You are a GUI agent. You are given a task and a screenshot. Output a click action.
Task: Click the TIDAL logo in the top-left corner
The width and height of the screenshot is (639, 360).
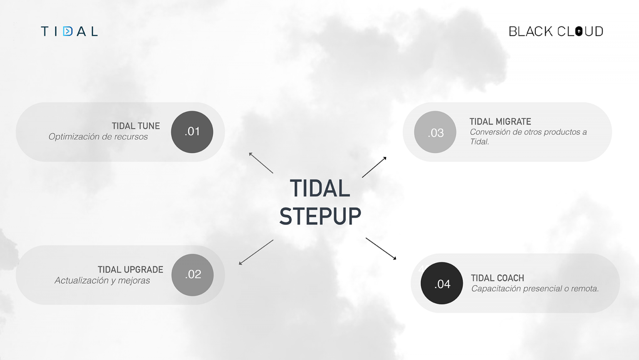[x=69, y=31]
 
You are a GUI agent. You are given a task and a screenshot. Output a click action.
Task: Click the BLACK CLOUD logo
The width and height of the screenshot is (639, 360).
[x=556, y=31]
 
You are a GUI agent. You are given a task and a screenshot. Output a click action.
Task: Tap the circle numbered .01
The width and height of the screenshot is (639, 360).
[x=192, y=132]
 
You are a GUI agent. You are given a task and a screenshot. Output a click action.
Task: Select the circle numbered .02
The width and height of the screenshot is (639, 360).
[x=193, y=275]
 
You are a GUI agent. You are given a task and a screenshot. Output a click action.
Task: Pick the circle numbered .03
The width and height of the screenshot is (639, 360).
[x=435, y=132]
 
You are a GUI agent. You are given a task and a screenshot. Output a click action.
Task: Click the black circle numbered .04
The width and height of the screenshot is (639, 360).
[x=441, y=283]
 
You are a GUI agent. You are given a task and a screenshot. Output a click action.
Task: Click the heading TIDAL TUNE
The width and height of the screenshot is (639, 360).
[x=136, y=126]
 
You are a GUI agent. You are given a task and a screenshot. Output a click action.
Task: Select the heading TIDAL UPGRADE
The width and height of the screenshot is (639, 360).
[x=130, y=270]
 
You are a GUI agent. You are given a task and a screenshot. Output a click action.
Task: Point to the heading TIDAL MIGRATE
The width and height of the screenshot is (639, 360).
[x=500, y=122]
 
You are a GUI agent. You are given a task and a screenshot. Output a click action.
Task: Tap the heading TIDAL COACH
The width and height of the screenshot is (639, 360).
[x=498, y=278]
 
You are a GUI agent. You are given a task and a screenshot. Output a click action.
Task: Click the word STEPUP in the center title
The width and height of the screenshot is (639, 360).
[x=320, y=216]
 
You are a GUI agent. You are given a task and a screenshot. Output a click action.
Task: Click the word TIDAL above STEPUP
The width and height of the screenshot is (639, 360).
[x=320, y=189]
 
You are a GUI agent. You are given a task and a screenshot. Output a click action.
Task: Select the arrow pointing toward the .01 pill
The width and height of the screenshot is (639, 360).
[x=261, y=163]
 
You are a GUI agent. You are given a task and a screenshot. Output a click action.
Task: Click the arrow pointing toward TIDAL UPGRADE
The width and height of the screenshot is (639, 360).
[x=256, y=252]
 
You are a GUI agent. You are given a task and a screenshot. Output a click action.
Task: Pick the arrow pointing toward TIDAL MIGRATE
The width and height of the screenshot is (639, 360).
[x=374, y=167]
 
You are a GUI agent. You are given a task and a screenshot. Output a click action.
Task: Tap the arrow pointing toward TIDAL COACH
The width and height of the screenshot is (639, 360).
[x=381, y=248]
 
